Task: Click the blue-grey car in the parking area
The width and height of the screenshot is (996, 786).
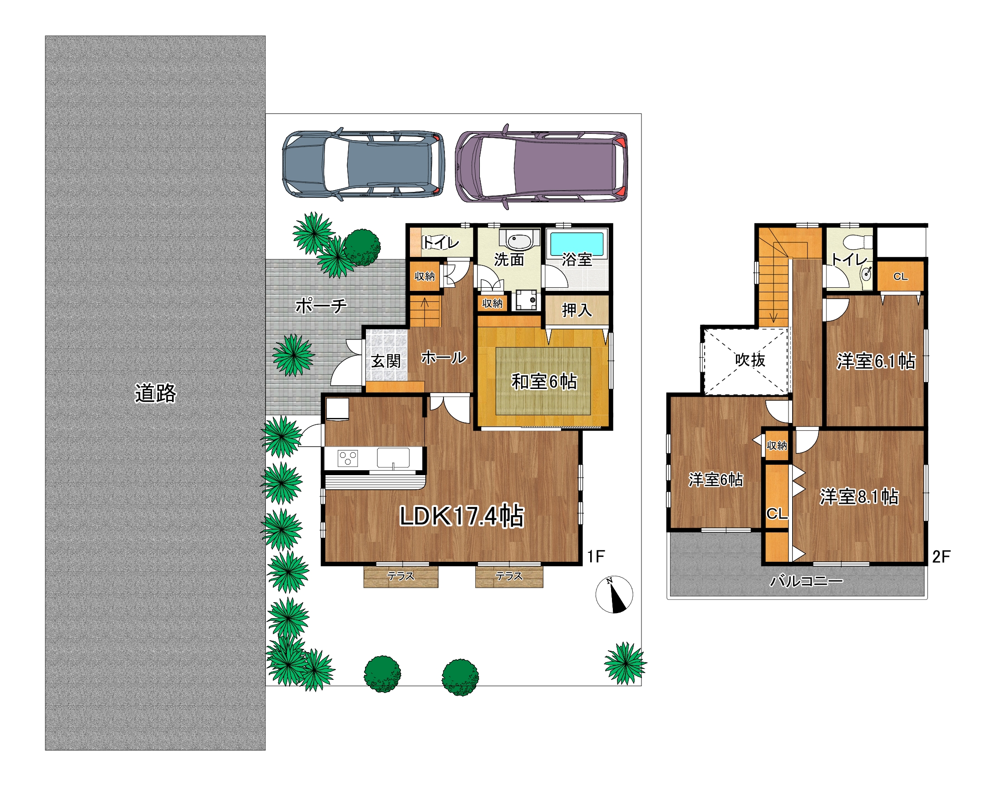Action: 363,164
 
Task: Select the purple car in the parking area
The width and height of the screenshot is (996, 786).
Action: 541,166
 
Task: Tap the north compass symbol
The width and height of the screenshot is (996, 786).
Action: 614,594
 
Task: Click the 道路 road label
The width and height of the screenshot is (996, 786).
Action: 156,393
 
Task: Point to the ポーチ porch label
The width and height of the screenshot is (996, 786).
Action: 321,305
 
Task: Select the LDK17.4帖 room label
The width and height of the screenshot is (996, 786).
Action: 462,516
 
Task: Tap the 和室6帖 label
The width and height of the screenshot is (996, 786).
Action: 544,382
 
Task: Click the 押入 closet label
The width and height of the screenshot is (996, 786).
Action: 577,310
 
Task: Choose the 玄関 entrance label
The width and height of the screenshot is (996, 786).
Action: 386,361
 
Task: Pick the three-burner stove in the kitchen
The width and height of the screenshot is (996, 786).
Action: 347,458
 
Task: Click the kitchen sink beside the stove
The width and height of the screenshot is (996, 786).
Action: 393,458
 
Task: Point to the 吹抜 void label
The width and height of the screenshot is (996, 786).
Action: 750,359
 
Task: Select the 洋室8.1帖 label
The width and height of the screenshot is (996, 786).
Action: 859,497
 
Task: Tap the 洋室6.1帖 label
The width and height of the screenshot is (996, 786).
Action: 876,361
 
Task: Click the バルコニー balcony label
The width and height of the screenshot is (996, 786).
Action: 806,581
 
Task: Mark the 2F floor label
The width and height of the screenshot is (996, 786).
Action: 941,557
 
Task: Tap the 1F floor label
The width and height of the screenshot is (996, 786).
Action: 596,557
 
